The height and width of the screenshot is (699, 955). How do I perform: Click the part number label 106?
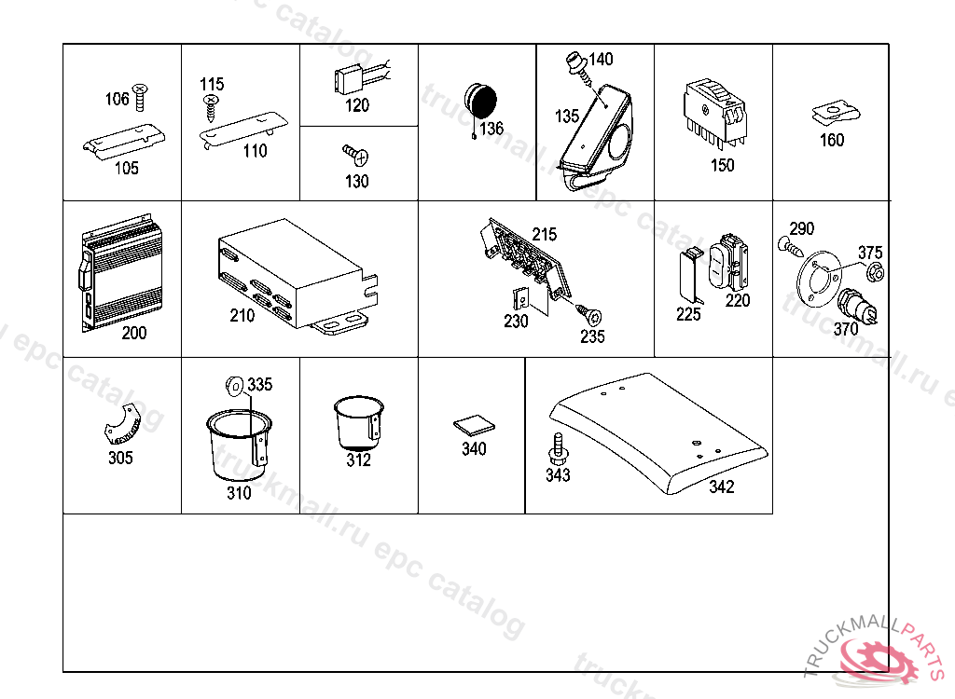[117, 100]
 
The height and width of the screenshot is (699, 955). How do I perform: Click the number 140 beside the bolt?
[602, 60]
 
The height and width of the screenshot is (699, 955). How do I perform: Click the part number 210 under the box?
[242, 316]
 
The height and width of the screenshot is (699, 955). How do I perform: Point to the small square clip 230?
[524, 298]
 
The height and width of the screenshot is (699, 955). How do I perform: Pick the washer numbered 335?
[234, 384]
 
